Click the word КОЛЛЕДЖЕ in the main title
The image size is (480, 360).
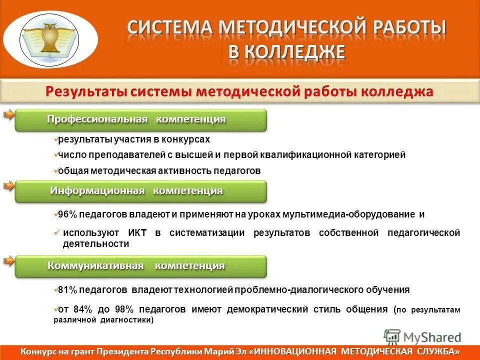point(287,52)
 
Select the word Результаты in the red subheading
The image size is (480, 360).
point(84,92)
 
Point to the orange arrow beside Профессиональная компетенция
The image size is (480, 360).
point(8,115)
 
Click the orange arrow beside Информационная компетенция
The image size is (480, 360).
point(8,186)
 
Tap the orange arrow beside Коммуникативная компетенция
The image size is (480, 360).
point(8,260)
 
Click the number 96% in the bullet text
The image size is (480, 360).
point(67,214)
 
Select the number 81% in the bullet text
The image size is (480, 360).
point(67,289)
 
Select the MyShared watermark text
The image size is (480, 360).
point(432,337)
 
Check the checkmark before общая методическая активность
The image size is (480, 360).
point(55,170)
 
